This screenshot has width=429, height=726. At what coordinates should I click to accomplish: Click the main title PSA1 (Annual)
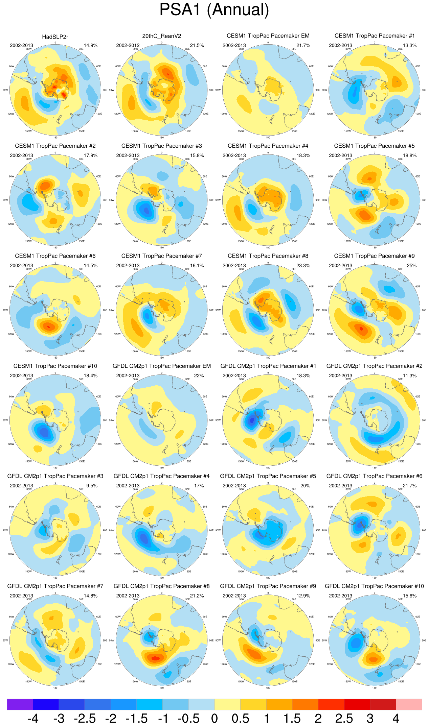pos(214,10)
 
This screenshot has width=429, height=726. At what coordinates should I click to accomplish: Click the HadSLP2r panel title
pos(55,37)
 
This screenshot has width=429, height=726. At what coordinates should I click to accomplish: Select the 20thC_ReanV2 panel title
pos(161,36)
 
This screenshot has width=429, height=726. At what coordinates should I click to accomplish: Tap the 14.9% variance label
pos(91,45)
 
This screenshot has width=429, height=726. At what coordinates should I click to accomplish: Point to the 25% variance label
pos(411,265)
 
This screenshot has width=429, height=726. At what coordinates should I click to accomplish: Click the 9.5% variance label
pos(92,486)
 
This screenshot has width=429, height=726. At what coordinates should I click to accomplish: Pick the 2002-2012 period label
pos(128,45)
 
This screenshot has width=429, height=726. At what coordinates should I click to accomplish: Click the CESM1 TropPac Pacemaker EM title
pos(268,36)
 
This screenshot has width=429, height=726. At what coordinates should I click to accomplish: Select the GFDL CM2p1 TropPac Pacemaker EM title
pos(161,366)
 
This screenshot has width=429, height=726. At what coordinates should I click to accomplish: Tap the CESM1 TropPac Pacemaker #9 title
pos(374,256)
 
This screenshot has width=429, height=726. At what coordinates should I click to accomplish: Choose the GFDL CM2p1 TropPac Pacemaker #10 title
pos(374,586)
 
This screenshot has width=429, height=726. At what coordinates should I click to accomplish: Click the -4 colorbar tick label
pos(33,718)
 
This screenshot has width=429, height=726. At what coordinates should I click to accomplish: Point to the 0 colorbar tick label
pos(214,718)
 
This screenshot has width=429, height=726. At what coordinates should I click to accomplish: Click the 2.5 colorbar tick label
pos(344,718)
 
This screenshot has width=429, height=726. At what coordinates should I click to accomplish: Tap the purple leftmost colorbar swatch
pos(20,704)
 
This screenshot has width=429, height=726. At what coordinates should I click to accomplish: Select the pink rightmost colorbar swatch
pos(409,704)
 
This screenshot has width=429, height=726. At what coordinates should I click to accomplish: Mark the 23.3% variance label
pos(303,265)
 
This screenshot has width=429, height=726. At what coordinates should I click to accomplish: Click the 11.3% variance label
pos(409,376)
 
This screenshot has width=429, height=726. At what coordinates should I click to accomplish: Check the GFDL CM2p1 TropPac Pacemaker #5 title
pos(268,476)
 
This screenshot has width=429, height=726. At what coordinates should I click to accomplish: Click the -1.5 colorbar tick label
pos(136,718)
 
